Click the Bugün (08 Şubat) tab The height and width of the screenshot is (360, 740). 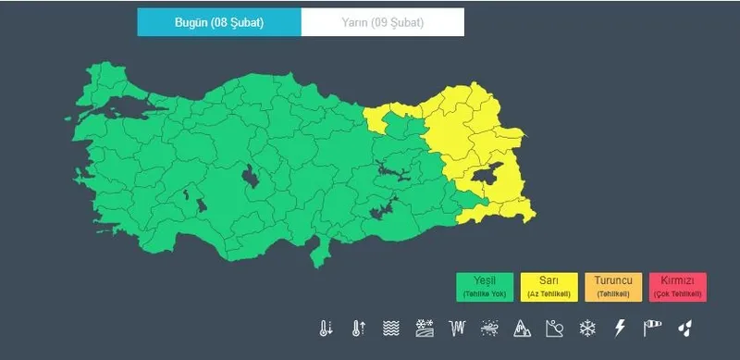click(x=219, y=22)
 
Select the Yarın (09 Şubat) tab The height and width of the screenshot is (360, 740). click(x=382, y=22)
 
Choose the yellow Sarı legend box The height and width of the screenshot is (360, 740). click(x=549, y=286)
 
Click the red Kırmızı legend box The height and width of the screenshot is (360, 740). click(x=678, y=286)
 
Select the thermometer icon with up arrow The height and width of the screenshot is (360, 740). click(x=359, y=328)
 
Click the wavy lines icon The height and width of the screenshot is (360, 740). click(x=391, y=328)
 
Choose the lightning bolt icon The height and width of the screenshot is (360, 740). click(x=621, y=328)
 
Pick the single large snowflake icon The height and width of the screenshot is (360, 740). click(x=586, y=328)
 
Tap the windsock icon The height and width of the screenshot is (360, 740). click(x=653, y=328)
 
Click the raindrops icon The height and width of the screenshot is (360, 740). click(x=685, y=328)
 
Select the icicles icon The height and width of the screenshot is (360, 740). click(x=456, y=328)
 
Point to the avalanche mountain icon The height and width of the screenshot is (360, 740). click(x=522, y=328)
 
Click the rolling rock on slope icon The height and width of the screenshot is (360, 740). click(x=554, y=328)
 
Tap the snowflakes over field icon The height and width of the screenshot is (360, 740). click(x=424, y=328)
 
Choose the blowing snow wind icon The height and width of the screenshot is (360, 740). click(x=489, y=328)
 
